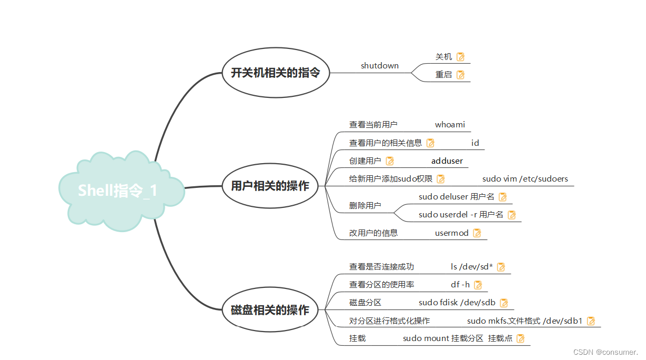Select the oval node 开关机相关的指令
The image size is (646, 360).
point(276,73)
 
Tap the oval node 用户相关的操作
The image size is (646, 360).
point(270,186)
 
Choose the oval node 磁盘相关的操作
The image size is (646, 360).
point(270,310)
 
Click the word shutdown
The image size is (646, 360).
point(379,66)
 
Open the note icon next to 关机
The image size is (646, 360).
point(461,57)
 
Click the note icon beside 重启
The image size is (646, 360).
point(461,75)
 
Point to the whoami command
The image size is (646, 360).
point(450,125)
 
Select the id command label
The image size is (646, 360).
point(475,143)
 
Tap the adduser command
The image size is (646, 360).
point(447,161)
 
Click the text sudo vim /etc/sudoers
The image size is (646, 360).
point(525,178)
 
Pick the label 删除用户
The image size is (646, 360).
point(365,206)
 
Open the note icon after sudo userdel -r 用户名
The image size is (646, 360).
point(511,215)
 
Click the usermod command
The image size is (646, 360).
point(451,233)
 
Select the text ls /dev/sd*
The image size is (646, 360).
point(472,267)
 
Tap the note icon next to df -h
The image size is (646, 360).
point(478,285)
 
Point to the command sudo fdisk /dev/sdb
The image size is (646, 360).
point(457,303)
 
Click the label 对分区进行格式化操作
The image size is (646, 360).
point(389,321)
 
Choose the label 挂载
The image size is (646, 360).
point(357,338)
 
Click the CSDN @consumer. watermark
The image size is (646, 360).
point(605,352)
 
